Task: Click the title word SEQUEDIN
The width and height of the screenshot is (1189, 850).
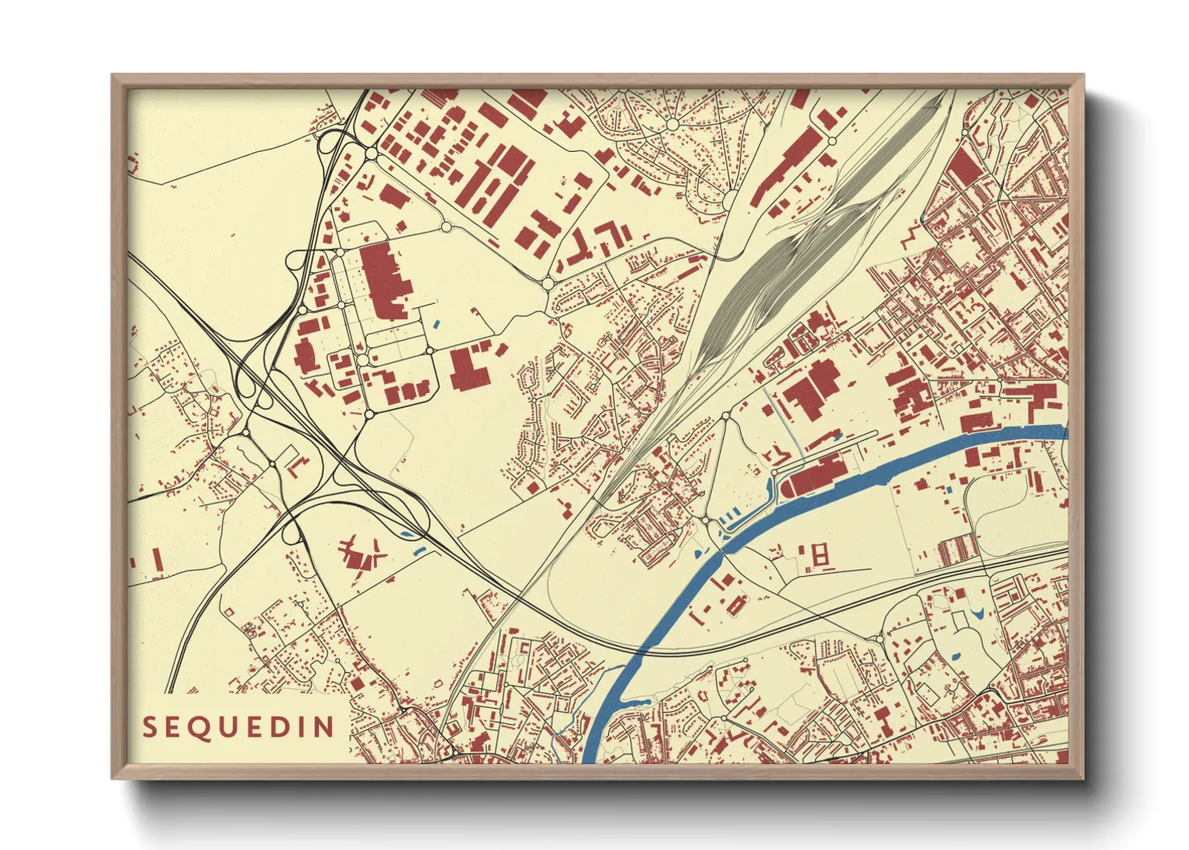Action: (x=239, y=727)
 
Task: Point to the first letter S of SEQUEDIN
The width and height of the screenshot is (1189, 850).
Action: (x=149, y=727)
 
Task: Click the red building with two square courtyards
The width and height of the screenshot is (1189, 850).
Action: (x=819, y=554)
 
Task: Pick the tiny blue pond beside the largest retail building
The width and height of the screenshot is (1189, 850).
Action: (x=436, y=325)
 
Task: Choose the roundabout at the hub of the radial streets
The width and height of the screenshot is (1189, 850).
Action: (x=672, y=125)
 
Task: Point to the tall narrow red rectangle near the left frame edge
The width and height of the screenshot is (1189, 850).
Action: (x=157, y=559)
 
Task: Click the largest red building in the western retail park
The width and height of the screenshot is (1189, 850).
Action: (x=384, y=281)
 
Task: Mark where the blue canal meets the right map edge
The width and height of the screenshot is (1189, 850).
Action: (x=1064, y=432)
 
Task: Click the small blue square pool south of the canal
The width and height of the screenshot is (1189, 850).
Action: (x=949, y=490)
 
